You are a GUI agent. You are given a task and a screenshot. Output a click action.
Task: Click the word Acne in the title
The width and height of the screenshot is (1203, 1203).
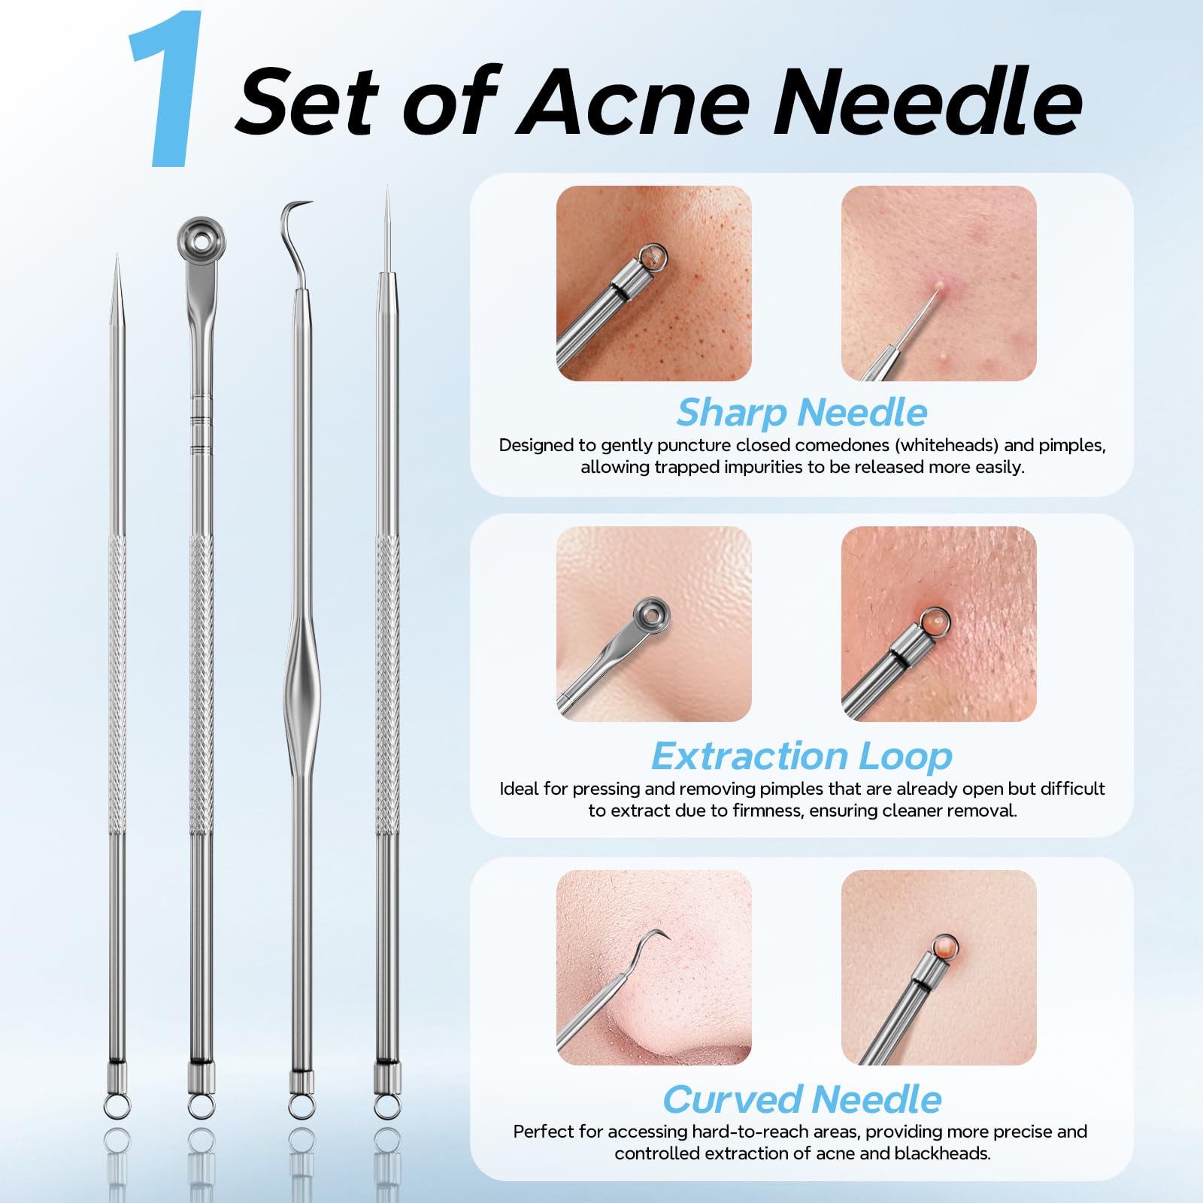point(632,102)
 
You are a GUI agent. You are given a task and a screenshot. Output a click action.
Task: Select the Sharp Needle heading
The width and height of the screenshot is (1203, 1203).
point(801,413)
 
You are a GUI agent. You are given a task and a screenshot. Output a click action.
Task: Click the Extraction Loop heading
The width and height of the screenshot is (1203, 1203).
point(801,756)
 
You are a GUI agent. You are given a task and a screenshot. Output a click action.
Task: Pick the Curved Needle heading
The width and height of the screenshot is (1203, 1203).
point(801,1099)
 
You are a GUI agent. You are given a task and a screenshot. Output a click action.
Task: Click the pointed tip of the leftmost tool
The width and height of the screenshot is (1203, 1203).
point(117,256)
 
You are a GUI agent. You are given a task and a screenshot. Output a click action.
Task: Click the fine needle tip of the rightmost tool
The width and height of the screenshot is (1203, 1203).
point(387,189)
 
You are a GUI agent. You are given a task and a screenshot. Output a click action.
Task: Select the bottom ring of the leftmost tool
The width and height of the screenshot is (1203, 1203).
point(117,1106)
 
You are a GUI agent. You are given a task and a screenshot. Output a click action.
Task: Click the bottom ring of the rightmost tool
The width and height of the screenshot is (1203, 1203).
point(387,1106)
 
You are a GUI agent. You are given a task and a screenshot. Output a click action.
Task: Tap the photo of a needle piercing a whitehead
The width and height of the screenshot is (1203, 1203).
point(939,283)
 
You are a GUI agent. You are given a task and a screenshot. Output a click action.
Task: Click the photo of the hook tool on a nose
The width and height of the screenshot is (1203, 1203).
point(654,968)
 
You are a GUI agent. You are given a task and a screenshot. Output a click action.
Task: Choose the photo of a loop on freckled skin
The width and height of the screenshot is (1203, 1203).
point(654,283)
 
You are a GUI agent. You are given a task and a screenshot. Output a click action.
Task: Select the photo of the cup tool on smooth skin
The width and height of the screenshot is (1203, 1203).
point(654,624)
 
